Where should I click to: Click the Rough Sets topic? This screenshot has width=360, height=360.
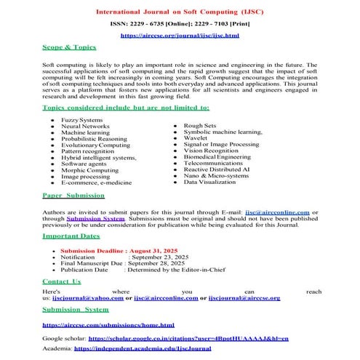[x=199, y=125]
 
